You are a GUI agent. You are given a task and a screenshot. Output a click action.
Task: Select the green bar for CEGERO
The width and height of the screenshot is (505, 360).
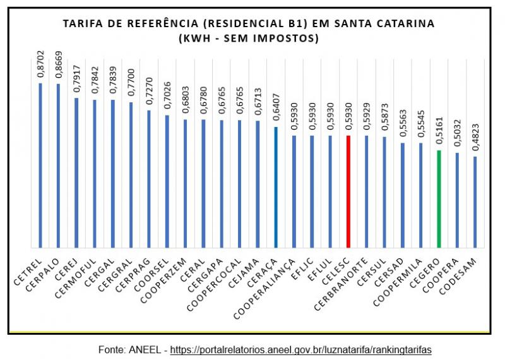(x=439, y=198)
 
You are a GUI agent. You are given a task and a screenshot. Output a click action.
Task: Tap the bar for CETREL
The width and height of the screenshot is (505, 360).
(x=40, y=165)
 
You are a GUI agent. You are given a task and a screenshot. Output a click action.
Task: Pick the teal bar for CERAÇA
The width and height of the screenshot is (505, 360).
(x=276, y=187)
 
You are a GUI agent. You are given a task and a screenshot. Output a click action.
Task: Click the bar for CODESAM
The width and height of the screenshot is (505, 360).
(x=475, y=201)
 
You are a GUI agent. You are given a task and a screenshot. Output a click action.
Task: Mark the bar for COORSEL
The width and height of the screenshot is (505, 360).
(x=167, y=181)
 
